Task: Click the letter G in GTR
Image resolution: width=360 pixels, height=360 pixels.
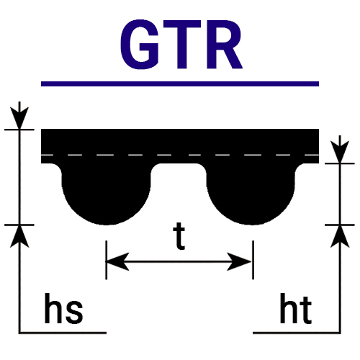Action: coord(139,45)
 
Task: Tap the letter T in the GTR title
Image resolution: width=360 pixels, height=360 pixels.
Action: coord(181,45)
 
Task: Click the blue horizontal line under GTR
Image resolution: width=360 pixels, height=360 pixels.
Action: coord(180,84)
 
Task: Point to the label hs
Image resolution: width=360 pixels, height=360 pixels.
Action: coord(63,308)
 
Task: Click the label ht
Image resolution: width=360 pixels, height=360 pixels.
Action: coord(296,308)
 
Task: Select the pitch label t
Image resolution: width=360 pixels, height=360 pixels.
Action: coord(179,236)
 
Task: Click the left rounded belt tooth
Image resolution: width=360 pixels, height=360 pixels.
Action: coord(107,194)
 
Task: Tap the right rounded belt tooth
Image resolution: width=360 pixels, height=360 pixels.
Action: coord(251,194)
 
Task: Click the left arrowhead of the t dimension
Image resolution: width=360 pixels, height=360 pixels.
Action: coord(117,261)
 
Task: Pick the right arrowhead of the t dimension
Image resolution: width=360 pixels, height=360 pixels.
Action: coord(240,261)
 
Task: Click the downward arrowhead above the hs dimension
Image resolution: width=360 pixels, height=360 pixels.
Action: coord(19,117)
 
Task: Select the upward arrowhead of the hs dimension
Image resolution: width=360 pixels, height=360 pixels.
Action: coord(19,236)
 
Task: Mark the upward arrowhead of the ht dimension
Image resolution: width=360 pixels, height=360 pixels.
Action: coord(340,236)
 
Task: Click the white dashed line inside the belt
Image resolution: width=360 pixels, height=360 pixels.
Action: coord(180,155)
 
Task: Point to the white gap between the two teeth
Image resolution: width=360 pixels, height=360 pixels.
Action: coord(179,189)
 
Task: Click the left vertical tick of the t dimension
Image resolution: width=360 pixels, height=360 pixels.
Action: coord(107,260)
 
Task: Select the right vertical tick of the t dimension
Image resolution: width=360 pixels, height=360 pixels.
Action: coord(253,260)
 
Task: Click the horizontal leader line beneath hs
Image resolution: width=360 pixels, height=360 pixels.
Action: coord(63,333)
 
